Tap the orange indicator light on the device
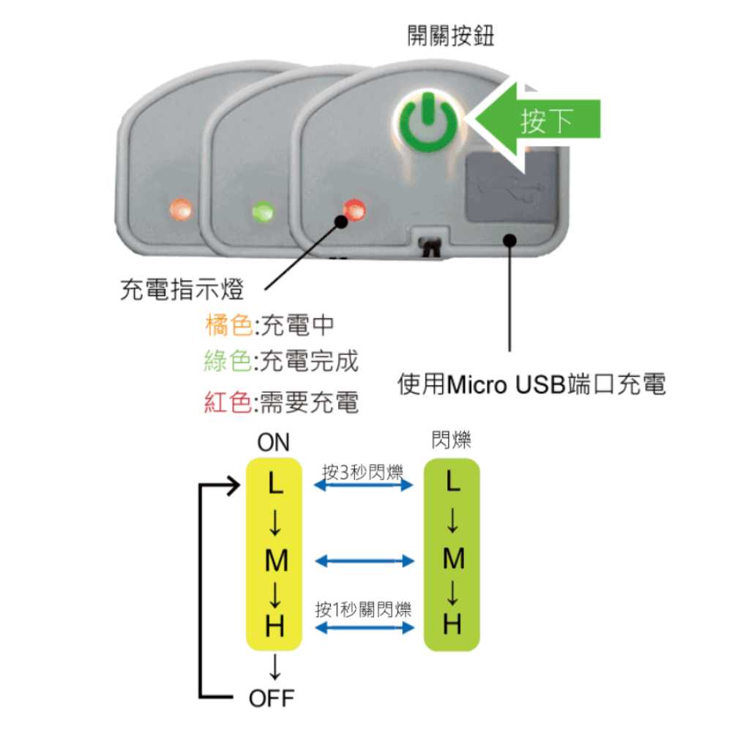tap(181, 209)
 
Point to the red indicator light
tap(354, 210)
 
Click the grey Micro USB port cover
tap(512, 186)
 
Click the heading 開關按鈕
tap(450, 36)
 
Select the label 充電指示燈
tap(182, 289)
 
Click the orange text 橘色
tap(228, 325)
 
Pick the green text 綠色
tap(228, 361)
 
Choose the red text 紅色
tap(228, 402)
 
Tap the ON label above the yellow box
tap(273, 442)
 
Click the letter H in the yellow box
tap(274, 626)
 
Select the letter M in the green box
tap(453, 559)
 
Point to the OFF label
tap(272, 698)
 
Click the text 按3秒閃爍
tap(362, 472)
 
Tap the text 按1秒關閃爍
tap(363, 609)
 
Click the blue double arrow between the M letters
tap(365, 561)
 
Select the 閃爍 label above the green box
tap(451, 440)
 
